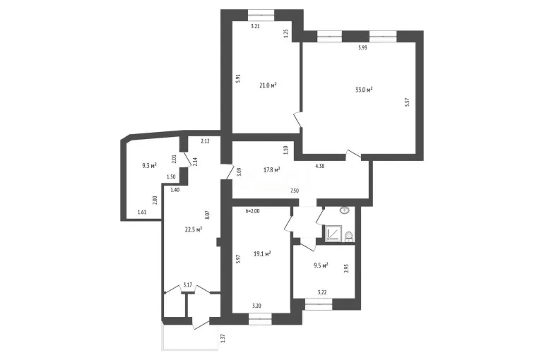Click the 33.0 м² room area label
[364, 90]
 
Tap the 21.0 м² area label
[268, 85]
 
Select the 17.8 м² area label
[272, 170]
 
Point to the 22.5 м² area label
[194, 229]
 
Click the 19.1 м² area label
[262, 254]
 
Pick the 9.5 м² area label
[321, 265]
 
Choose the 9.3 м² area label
[149, 166]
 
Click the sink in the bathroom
[345, 210]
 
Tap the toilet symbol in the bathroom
[349, 236]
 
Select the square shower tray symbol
[333, 233]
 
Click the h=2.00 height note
[252, 210]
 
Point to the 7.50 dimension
[294, 191]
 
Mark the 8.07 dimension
[207, 215]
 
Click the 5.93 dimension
[362, 48]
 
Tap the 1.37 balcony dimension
[223, 338]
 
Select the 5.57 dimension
[408, 102]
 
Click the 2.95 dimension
[346, 269]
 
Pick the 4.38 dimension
[319, 166]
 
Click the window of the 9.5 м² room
[319, 304]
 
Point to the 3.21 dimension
[255, 26]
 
